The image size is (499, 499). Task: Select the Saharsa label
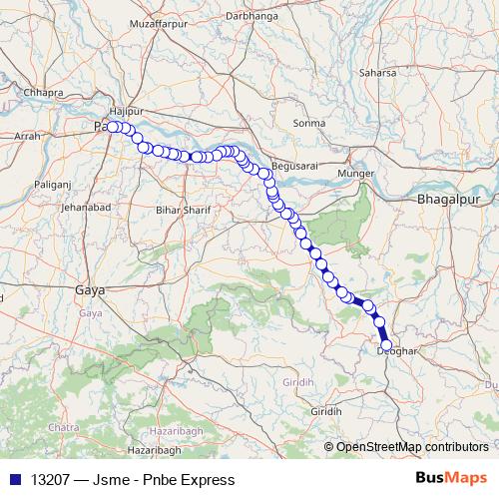click(x=377, y=73)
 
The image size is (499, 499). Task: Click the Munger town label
click(x=356, y=174)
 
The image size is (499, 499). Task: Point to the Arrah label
click(x=28, y=134)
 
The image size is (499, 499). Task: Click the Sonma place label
click(x=309, y=123)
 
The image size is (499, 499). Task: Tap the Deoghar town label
click(x=396, y=350)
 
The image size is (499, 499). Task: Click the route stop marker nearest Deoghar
click(x=386, y=345)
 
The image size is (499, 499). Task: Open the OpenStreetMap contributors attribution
click(x=411, y=446)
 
